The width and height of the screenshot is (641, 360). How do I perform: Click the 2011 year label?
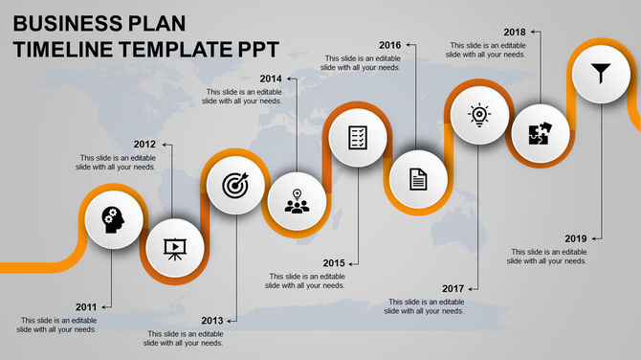[x=87, y=306]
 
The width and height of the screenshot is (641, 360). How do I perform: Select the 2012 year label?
[x=144, y=144]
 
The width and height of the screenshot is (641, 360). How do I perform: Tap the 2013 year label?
[x=212, y=321]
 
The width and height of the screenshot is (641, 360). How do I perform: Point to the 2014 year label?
[x=271, y=79]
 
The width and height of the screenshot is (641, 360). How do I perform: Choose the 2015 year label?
[x=334, y=263]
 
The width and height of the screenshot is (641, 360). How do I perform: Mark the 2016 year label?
[x=389, y=45]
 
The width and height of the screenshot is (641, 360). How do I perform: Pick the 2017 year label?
[x=453, y=288]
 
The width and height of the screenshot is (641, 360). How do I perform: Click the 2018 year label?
[x=515, y=32]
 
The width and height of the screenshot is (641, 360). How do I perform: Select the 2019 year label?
[x=576, y=237]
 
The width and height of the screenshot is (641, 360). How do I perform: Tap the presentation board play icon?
[x=173, y=249]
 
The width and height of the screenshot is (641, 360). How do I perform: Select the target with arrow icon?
[x=234, y=185]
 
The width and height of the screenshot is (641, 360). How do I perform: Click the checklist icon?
[x=358, y=137]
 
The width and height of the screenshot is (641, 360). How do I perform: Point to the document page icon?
[x=418, y=179]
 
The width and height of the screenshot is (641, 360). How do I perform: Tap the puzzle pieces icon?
[x=539, y=134]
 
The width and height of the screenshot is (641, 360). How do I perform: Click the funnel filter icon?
[x=600, y=71]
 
